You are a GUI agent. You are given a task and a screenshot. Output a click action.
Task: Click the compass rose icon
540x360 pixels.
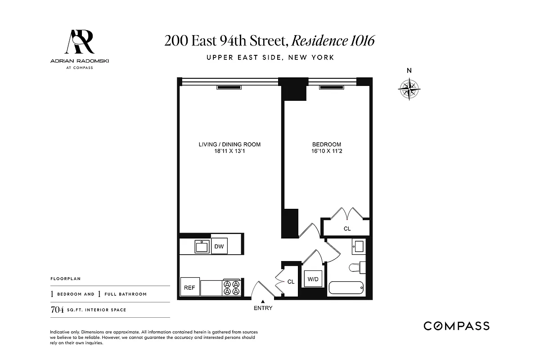click(x=409, y=89)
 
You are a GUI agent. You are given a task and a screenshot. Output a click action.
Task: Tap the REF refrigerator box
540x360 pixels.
click(x=189, y=288)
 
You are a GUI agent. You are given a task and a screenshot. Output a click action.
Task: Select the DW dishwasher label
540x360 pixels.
click(x=219, y=246)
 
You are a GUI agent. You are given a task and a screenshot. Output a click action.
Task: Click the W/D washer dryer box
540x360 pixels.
click(x=313, y=279)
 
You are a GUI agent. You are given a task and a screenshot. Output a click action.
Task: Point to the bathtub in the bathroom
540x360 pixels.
click(x=346, y=288)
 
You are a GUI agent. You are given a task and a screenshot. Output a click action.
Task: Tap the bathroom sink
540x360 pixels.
click(x=359, y=247)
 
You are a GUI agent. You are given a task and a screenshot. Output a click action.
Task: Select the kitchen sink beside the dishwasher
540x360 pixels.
click(x=201, y=247)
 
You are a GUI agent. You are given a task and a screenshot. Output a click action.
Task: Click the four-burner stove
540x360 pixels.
click(x=232, y=288)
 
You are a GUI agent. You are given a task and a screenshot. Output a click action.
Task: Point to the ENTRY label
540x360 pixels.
click(x=263, y=308)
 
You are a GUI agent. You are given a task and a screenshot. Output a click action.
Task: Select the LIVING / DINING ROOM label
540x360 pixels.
click(x=229, y=144)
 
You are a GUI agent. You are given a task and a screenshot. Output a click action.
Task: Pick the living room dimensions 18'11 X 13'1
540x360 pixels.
click(x=229, y=151)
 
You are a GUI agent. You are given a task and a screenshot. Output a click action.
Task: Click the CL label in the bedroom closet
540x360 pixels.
click(x=347, y=229)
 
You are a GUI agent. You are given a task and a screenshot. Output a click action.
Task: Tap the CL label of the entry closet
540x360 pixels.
click(x=291, y=282)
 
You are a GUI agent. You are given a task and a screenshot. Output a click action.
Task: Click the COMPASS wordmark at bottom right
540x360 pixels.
click(x=456, y=326)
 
